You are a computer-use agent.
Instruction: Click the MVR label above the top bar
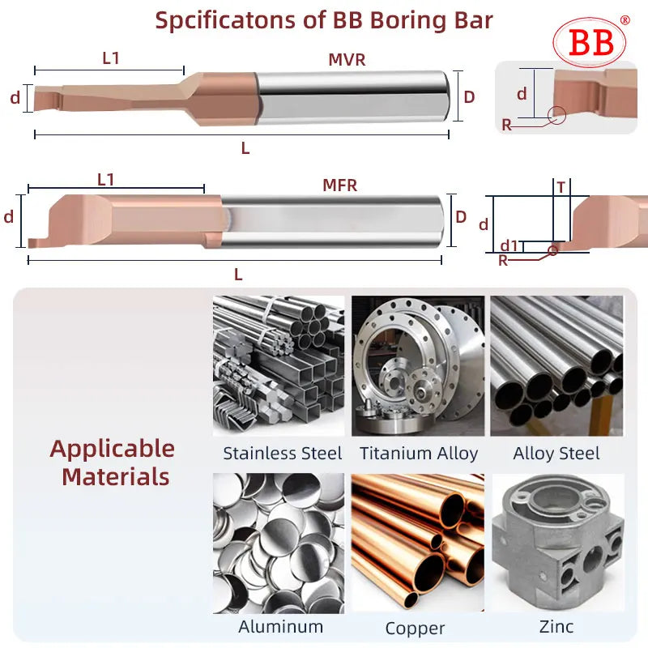(x=347, y=59)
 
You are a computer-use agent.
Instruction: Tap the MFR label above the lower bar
(x=340, y=185)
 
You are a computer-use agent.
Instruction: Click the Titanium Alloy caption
(x=418, y=454)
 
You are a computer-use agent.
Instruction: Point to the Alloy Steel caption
(x=556, y=454)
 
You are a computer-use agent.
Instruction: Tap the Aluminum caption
(x=280, y=626)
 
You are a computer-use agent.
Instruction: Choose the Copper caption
(x=415, y=628)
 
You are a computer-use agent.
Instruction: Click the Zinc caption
(x=556, y=626)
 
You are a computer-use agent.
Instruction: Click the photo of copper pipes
(x=418, y=543)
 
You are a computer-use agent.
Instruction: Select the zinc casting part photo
(x=557, y=543)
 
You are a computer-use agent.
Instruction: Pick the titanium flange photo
(x=418, y=365)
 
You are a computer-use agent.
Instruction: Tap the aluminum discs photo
(x=278, y=543)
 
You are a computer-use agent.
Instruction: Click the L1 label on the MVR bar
(x=112, y=58)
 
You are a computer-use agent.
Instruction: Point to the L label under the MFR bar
(x=238, y=274)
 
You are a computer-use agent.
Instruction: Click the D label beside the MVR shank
(x=469, y=96)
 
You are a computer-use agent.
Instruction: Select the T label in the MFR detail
(x=561, y=187)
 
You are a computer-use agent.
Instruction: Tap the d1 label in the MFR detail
(x=509, y=245)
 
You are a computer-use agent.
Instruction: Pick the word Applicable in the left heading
(x=113, y=448)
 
